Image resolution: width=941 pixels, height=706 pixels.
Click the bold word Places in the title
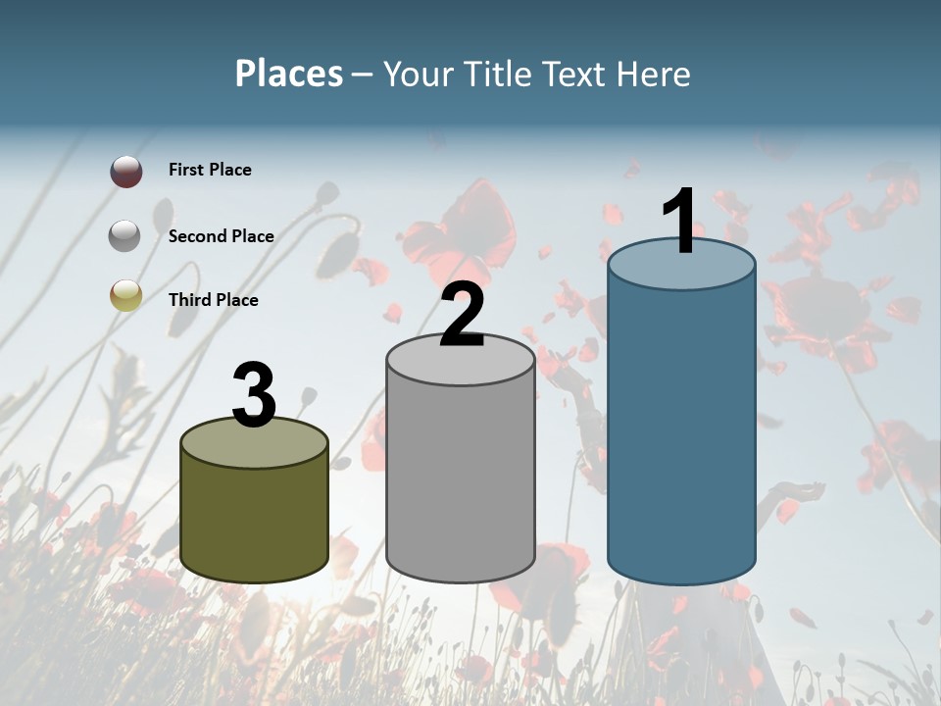pos(289,74)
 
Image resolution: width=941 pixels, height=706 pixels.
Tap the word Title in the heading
pos(497,74)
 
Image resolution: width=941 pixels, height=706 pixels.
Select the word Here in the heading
pos(656,74)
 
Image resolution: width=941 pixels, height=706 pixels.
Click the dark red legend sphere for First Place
pos(125,172)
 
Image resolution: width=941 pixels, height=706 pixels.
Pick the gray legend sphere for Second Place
pos(125,236)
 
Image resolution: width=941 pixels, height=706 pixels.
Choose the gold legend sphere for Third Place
pos(125,295)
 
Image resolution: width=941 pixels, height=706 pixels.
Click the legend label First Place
pos(210,170)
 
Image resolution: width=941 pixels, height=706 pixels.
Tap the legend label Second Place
pos(221,236)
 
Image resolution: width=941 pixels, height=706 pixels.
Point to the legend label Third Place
pos(213,300)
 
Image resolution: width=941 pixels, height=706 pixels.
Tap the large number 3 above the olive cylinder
pos(255,394)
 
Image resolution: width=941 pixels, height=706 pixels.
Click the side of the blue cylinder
pos(681,431)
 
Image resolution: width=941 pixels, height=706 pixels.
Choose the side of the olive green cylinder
pos(255,520)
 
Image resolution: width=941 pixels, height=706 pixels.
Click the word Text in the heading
pos(578,74)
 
